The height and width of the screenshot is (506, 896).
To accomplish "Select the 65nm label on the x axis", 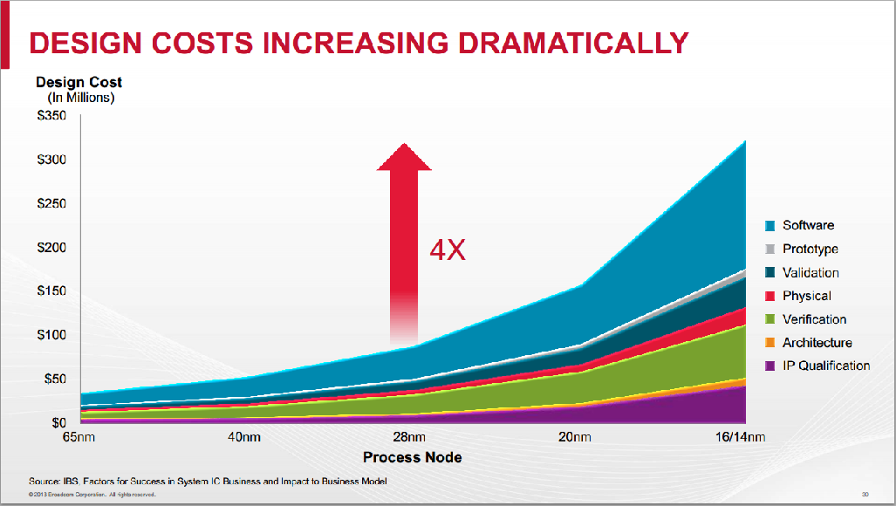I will click(80, 437).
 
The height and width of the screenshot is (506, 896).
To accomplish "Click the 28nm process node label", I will click(408, 437).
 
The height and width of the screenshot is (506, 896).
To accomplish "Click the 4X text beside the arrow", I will click(448, 251).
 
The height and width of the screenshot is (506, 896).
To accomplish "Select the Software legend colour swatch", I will click(770, 226).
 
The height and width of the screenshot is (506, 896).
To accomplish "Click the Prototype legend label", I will click(810, 249).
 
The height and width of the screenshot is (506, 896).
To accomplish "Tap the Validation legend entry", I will click(811, 272).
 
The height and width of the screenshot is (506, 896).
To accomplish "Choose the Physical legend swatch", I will click(770, 297).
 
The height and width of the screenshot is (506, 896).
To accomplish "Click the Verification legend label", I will click(814, 319).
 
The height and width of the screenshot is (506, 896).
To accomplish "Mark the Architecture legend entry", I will click(817, 343).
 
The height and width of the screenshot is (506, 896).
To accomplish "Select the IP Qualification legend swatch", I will click(770, 366).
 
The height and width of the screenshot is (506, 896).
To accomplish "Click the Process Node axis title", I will click(412, 457).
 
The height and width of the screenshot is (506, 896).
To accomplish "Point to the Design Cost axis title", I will click(79, 82).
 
